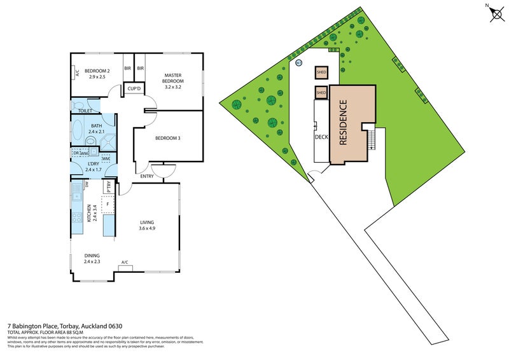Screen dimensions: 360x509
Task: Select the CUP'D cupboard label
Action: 133,88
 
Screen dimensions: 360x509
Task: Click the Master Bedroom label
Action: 173,78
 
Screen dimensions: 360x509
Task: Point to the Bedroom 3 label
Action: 169,137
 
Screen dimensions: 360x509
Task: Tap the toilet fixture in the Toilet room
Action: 77,106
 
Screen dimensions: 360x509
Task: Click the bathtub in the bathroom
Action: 78,134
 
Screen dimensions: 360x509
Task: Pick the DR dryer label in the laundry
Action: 76,153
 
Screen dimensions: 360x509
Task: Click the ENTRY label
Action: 147,176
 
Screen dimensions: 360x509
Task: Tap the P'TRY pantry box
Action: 109,188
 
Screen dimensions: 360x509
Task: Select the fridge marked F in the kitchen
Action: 108,205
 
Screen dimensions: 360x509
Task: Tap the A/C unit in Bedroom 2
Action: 76,73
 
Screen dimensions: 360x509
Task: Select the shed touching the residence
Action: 321,93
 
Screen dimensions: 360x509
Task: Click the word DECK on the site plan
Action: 321,137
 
